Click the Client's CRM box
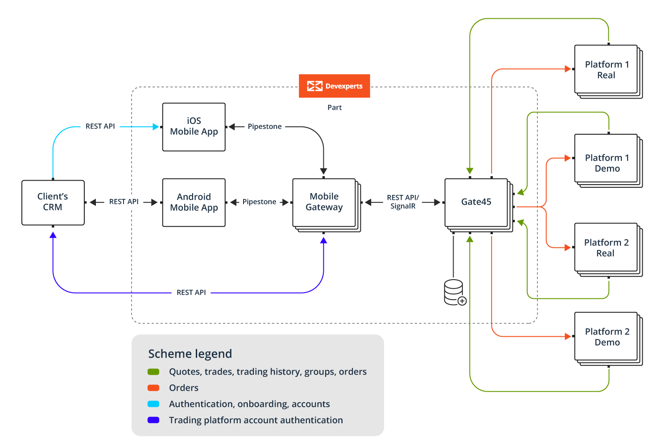tap(53, 202)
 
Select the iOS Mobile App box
tap(194, 127)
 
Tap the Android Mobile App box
tap(194, 202)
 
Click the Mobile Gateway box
tap(324, 202)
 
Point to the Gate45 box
tap(476, 202)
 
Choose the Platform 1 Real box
tap(606, 70)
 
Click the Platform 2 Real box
tap(606, 248)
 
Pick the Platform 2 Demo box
tap(606, 337)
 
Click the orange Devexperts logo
tap(334, 86)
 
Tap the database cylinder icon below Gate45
tap(454, 292)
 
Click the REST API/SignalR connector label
tap(403, 202)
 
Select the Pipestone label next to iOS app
tap(264, 127)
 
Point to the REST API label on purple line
tap(191, 293)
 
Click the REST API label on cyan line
tap(100, 127)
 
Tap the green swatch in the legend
tap(153, 372)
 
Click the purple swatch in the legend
tap(153, 420)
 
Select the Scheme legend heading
tap(190, 354)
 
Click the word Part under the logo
tap(334, 107)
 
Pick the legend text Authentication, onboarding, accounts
tap(249, 404)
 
